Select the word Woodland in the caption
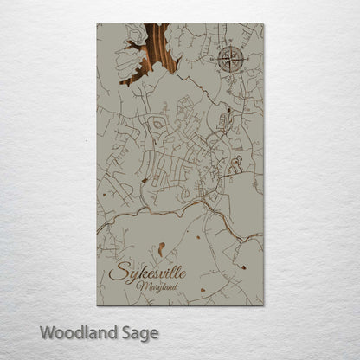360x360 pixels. coord(72,331)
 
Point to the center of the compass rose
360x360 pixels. coord(230,60)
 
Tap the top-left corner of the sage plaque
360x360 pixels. coord(98,24)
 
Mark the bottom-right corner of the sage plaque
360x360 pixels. coord(263,305)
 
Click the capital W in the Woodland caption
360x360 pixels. coord(46,331)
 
